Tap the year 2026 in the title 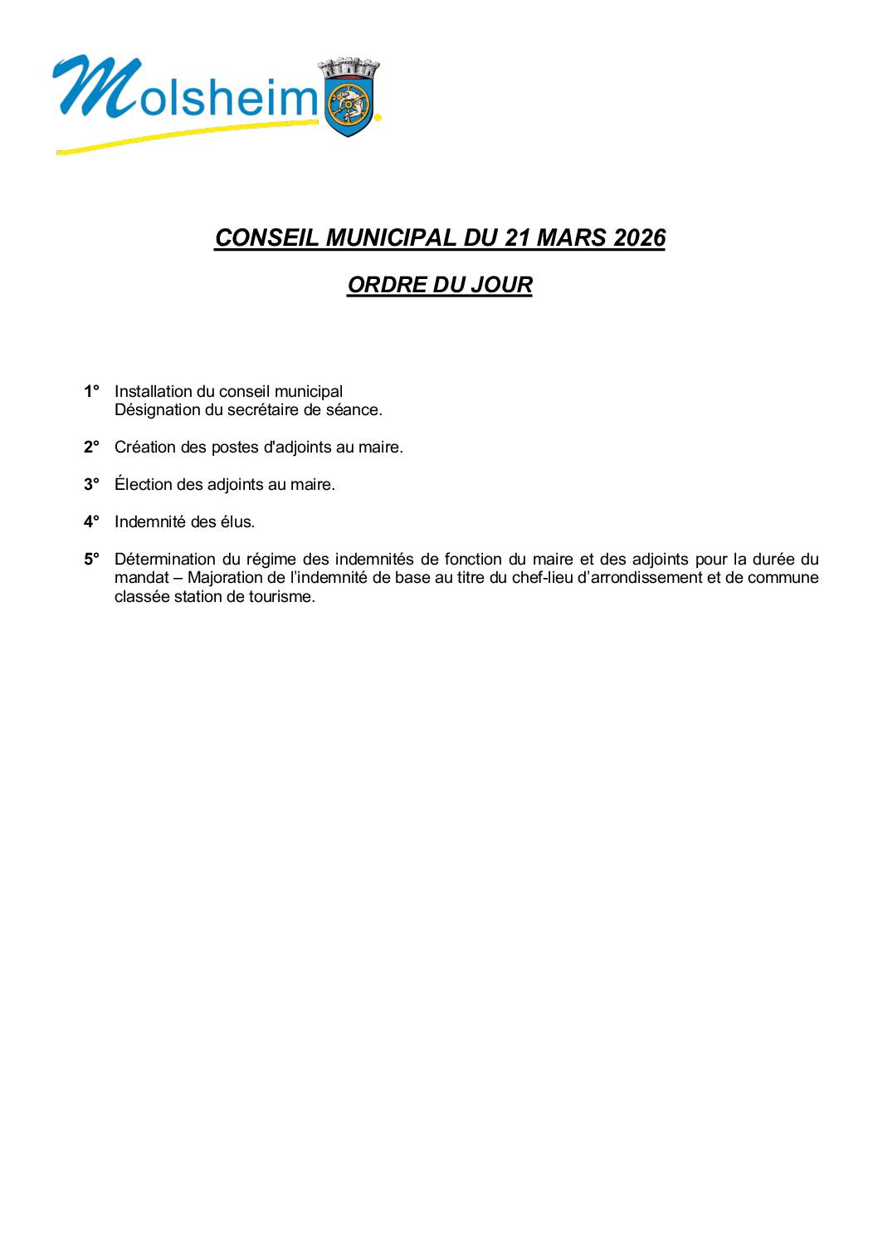640,237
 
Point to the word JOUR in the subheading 501,285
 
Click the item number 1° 91,391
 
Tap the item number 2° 91,447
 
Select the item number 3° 91,484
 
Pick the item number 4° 91,521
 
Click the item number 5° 91,559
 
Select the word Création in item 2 143,447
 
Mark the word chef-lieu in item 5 544,578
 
